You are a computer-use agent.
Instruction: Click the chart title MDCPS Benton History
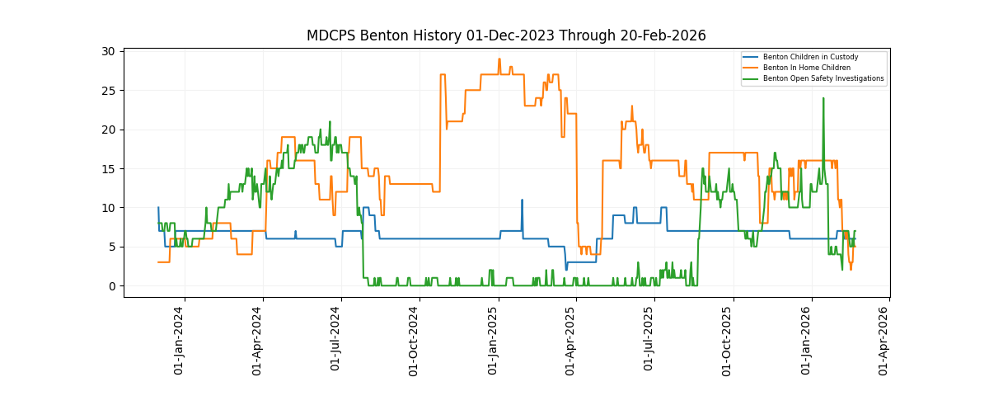506,35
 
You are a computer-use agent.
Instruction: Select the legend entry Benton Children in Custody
810,57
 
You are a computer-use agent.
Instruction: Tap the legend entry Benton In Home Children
806,68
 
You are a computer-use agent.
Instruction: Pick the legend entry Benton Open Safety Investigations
823,78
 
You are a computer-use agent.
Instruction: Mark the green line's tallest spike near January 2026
823,99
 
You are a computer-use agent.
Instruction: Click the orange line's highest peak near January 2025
499,59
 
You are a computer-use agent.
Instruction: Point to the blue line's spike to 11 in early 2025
522,200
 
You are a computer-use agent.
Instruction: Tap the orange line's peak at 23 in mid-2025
632,106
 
